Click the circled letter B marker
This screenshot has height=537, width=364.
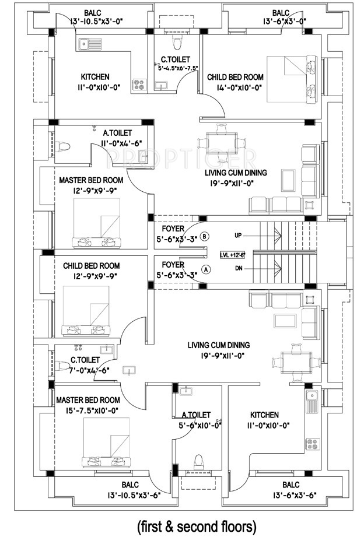point(205,236)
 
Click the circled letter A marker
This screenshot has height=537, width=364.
point(206,269)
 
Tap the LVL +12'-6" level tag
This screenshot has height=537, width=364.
point(233,255)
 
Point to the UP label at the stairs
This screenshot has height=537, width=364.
point(238,236)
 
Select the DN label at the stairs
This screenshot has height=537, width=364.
point(239,268)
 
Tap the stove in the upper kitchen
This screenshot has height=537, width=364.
point(139,84)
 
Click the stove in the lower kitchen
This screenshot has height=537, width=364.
point(312,444)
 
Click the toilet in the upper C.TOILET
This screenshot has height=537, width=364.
point(177,42)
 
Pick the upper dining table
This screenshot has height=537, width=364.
point(222,142)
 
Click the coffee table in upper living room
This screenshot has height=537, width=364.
point(288,180)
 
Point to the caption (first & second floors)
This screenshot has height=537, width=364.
point(197,526)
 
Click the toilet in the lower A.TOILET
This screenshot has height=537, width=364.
point(198,462)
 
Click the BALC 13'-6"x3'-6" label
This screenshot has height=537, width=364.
point(294,490)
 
